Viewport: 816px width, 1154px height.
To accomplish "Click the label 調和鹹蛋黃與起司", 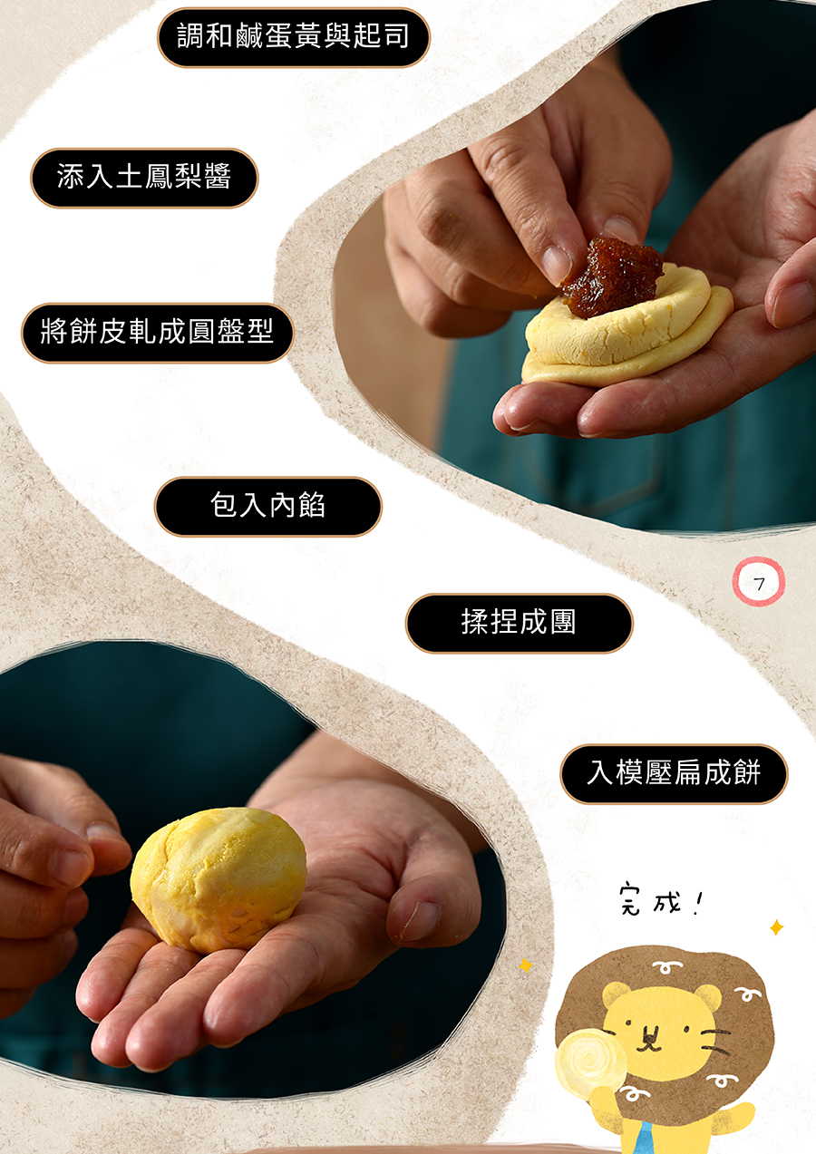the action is (x=293, y=37).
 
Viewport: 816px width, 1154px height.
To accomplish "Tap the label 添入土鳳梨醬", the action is (x=144, y=178).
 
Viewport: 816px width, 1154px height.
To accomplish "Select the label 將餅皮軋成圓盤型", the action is (x=157, y=333).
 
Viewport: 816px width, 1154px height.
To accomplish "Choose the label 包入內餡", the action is (x=267, y=507).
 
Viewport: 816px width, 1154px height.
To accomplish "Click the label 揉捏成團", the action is (x=519, y=624).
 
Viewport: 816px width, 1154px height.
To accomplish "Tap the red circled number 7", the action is (x=759, y=582).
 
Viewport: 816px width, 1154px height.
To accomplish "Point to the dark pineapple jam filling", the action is (x=611, y=276).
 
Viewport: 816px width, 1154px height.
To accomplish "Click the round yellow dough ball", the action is (x=219, y=879).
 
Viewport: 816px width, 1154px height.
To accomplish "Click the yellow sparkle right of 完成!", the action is (x=777, y=927).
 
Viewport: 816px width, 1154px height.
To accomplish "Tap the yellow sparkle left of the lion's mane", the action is (x=526, y=965).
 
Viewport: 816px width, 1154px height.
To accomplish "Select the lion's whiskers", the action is (x=716, y=1040).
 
